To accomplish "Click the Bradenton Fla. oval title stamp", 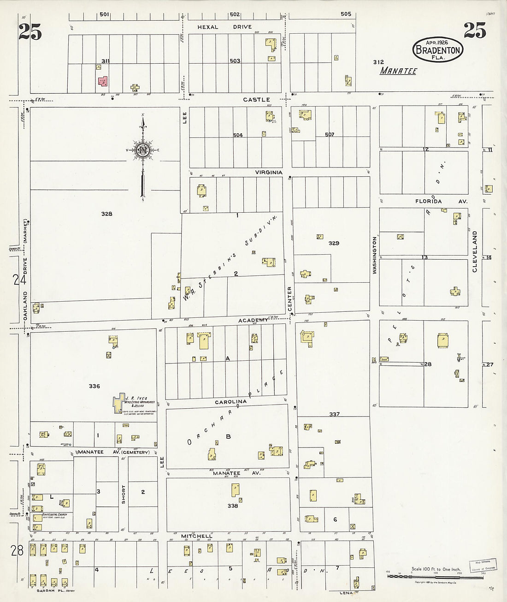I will [x=437, y=48].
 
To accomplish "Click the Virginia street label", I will [x=269, y=172].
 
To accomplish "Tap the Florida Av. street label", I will [x=441, y=202].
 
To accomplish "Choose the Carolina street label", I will [x=231, y=402].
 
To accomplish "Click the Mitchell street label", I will [x=196, y=536].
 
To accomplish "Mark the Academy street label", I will [x=253, y=320].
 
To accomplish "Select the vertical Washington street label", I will [x=375, y=256].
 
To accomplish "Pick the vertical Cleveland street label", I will [x=474, y=251].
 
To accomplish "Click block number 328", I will [x=107, y=214].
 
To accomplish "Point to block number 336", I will [x=94, y=386].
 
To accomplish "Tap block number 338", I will [x=233, y=506].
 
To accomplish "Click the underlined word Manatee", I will [x=398, y=71].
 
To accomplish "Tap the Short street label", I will [x=124, y=494].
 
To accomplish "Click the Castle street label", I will [x=257, y=99].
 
